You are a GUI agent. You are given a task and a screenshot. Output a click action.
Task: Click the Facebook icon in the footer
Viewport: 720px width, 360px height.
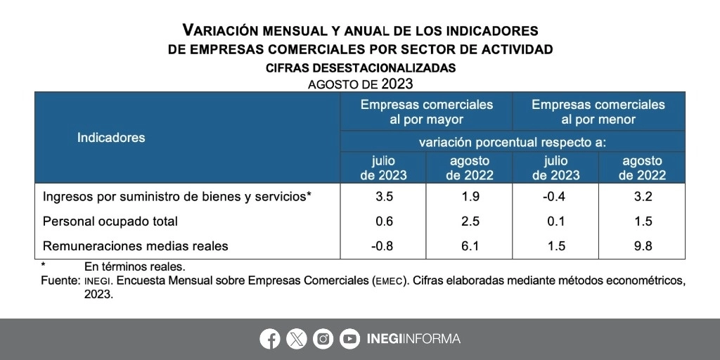[269, 339]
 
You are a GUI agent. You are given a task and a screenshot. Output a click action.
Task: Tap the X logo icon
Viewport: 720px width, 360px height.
[297, 339]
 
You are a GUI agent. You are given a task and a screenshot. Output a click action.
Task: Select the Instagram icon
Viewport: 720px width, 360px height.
[323, 339]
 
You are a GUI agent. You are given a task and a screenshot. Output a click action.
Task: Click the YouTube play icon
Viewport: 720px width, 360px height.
[349, 339]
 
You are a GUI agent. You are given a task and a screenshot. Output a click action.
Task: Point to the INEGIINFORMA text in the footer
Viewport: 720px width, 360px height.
[413, 339]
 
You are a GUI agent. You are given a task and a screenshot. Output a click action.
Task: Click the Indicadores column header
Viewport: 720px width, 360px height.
[111, 138]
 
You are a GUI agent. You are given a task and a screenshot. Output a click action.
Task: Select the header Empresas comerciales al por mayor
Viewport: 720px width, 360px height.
[427, 112]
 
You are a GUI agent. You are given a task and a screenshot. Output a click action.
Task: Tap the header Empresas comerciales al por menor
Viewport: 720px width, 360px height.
[598, 112]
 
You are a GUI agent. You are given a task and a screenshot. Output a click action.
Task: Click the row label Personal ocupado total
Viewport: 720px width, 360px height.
[110, 221]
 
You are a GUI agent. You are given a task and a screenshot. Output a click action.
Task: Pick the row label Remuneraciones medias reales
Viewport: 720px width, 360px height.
[136, 246]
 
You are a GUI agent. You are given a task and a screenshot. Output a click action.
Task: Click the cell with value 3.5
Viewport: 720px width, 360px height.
[384, 197]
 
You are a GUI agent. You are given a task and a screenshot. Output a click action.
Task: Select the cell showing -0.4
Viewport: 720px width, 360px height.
[555, 197]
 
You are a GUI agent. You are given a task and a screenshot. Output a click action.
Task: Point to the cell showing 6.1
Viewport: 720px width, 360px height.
[470, 246]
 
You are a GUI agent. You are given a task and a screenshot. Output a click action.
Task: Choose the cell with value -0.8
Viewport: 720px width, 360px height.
[384, 246]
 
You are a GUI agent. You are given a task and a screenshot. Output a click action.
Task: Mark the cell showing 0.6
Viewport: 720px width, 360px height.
[384, 221]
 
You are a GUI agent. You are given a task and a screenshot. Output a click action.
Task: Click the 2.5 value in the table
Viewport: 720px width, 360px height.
[470, 221]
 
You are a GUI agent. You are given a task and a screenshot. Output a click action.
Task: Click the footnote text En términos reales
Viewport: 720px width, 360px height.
[134, 266]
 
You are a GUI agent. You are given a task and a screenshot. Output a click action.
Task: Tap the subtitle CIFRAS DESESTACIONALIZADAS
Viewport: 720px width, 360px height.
[361, 68]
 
